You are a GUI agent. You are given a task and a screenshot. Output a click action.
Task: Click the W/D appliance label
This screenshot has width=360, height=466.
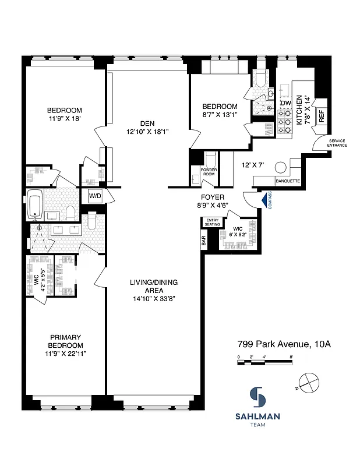(95, 196)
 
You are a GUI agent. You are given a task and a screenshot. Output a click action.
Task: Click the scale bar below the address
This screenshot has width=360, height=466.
(265, 363)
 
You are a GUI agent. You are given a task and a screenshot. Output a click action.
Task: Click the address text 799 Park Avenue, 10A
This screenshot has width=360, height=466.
(284, 344)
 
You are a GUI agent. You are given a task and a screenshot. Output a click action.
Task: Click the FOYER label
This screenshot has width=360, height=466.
(211, 197)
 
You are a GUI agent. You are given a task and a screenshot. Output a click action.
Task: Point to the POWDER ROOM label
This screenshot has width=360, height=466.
(209, 172)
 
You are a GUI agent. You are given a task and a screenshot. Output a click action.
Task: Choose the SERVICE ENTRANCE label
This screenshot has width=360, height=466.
(337, 143)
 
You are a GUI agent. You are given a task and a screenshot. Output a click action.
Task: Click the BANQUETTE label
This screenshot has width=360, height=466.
(287, 181)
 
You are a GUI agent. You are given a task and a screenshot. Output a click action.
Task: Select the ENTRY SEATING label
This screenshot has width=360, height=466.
(213, 222)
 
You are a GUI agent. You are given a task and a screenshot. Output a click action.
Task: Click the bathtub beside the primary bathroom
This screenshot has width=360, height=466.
(36, 205)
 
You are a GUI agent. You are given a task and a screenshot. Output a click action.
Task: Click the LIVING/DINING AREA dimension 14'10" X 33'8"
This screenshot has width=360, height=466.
(154, 298)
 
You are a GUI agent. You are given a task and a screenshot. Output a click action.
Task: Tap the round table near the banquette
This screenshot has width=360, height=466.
(280, 167)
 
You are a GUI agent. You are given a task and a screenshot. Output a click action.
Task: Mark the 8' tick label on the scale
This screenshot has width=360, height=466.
(291, 356)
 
